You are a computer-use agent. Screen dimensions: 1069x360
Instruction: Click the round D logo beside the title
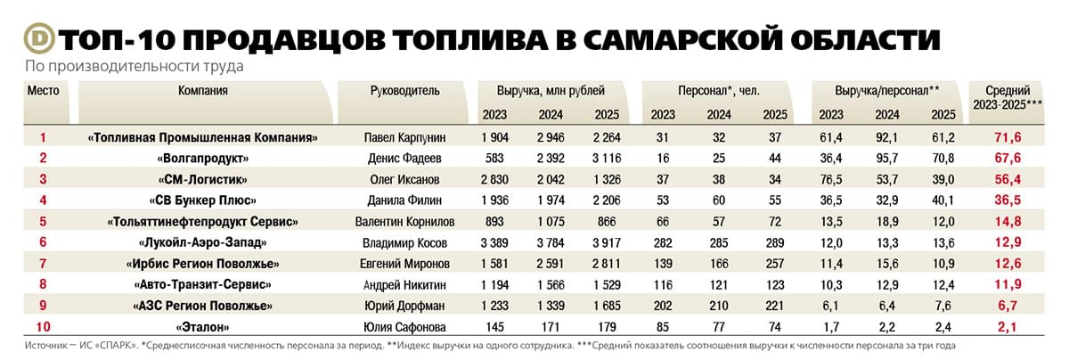(39, 38)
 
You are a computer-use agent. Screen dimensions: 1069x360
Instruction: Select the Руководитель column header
(404, 91)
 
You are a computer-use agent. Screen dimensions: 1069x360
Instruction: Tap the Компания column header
(203, 91)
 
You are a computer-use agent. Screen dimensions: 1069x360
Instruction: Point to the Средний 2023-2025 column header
(1008, 97)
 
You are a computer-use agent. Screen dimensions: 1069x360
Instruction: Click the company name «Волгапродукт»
(203, 159)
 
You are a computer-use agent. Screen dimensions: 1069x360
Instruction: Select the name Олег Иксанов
(404, 179)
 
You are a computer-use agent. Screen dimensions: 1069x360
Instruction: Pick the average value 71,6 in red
(1008, 137)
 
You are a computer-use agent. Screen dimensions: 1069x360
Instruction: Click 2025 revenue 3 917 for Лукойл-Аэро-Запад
(607, 243)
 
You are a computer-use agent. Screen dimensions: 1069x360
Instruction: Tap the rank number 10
(43, 327)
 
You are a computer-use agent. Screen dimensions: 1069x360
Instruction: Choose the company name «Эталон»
(203, 327)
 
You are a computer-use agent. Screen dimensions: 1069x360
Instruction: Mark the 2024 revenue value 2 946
(551, 137)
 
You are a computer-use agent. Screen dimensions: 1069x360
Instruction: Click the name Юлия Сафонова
(404, 327)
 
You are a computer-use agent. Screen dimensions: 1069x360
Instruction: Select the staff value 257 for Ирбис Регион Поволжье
(775, 264)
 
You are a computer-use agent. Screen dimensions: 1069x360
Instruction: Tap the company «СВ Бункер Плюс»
(203, 200)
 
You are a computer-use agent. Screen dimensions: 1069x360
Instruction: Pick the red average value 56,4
(1008, 179)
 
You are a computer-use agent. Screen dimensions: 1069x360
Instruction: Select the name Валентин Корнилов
(404, 222)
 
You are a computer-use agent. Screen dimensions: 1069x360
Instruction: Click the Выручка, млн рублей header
(551, 91)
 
